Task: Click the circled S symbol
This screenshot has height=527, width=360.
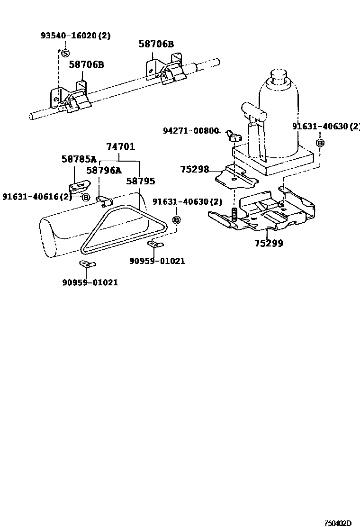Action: [65, 53]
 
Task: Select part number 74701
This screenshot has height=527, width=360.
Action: [121, 146]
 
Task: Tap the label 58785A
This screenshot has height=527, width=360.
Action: [79, 159]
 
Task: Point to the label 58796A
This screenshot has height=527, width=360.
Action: [104, 171]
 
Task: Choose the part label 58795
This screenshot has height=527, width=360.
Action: [141, 181]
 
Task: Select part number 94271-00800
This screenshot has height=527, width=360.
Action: [191, 130]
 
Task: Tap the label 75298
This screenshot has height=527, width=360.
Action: [194, 169]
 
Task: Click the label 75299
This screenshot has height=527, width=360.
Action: [269, 243]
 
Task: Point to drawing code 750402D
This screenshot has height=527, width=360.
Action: [337, 523]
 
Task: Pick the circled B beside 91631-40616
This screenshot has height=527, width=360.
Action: [86, 197]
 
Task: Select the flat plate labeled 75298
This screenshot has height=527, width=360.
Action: [237, 176]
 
